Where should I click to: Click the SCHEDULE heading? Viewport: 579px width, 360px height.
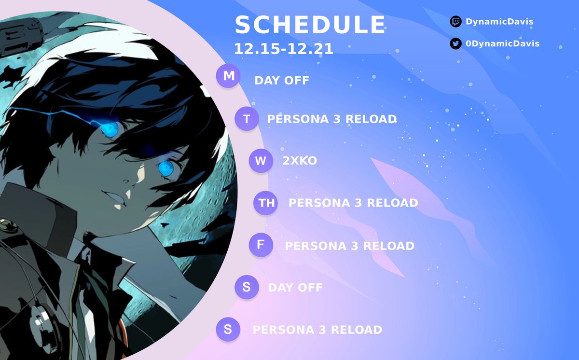pyautogui.click(x=310, y=25)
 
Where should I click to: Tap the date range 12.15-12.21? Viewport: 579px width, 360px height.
pyautogui.click(x=283, y=49)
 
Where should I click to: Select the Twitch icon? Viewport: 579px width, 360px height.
pyautogui.click(x=455, y=22)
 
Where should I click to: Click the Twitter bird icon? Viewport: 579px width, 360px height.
pyautogui.click(x=455, y=44)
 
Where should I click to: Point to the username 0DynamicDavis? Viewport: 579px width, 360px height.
pyautogui.click(x=502, y=44)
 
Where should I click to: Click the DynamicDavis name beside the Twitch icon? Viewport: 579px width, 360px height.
pyautogui.click(x=499, y=22)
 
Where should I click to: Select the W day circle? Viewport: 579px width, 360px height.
pyautogui.click(x=261, y=161)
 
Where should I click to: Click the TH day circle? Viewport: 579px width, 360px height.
pyautogui.click(x=266, y=203)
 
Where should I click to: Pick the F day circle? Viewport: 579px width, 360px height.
pyautogui.click(x=261, y=245)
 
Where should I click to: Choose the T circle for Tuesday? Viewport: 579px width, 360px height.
pyautogui.click(x=247, y=119)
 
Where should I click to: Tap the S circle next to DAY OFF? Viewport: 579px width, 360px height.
pyautogui.click(x=247, y=288)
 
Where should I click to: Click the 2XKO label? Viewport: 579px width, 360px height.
pyautogui.click(x=300, y=161)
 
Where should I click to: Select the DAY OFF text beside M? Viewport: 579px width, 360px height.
pyautogui.click(x=282, y=81)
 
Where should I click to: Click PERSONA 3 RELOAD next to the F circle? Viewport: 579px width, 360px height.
pyautogui.click(x=349, y=246)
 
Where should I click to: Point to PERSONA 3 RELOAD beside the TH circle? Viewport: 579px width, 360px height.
pyautogui.click(x=353, y=203)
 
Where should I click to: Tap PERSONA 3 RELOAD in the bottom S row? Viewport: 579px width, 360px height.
pyautogui.click(x=317, y=330)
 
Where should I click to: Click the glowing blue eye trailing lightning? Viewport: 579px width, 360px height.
pyautogui.click(x=110, y=128)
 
